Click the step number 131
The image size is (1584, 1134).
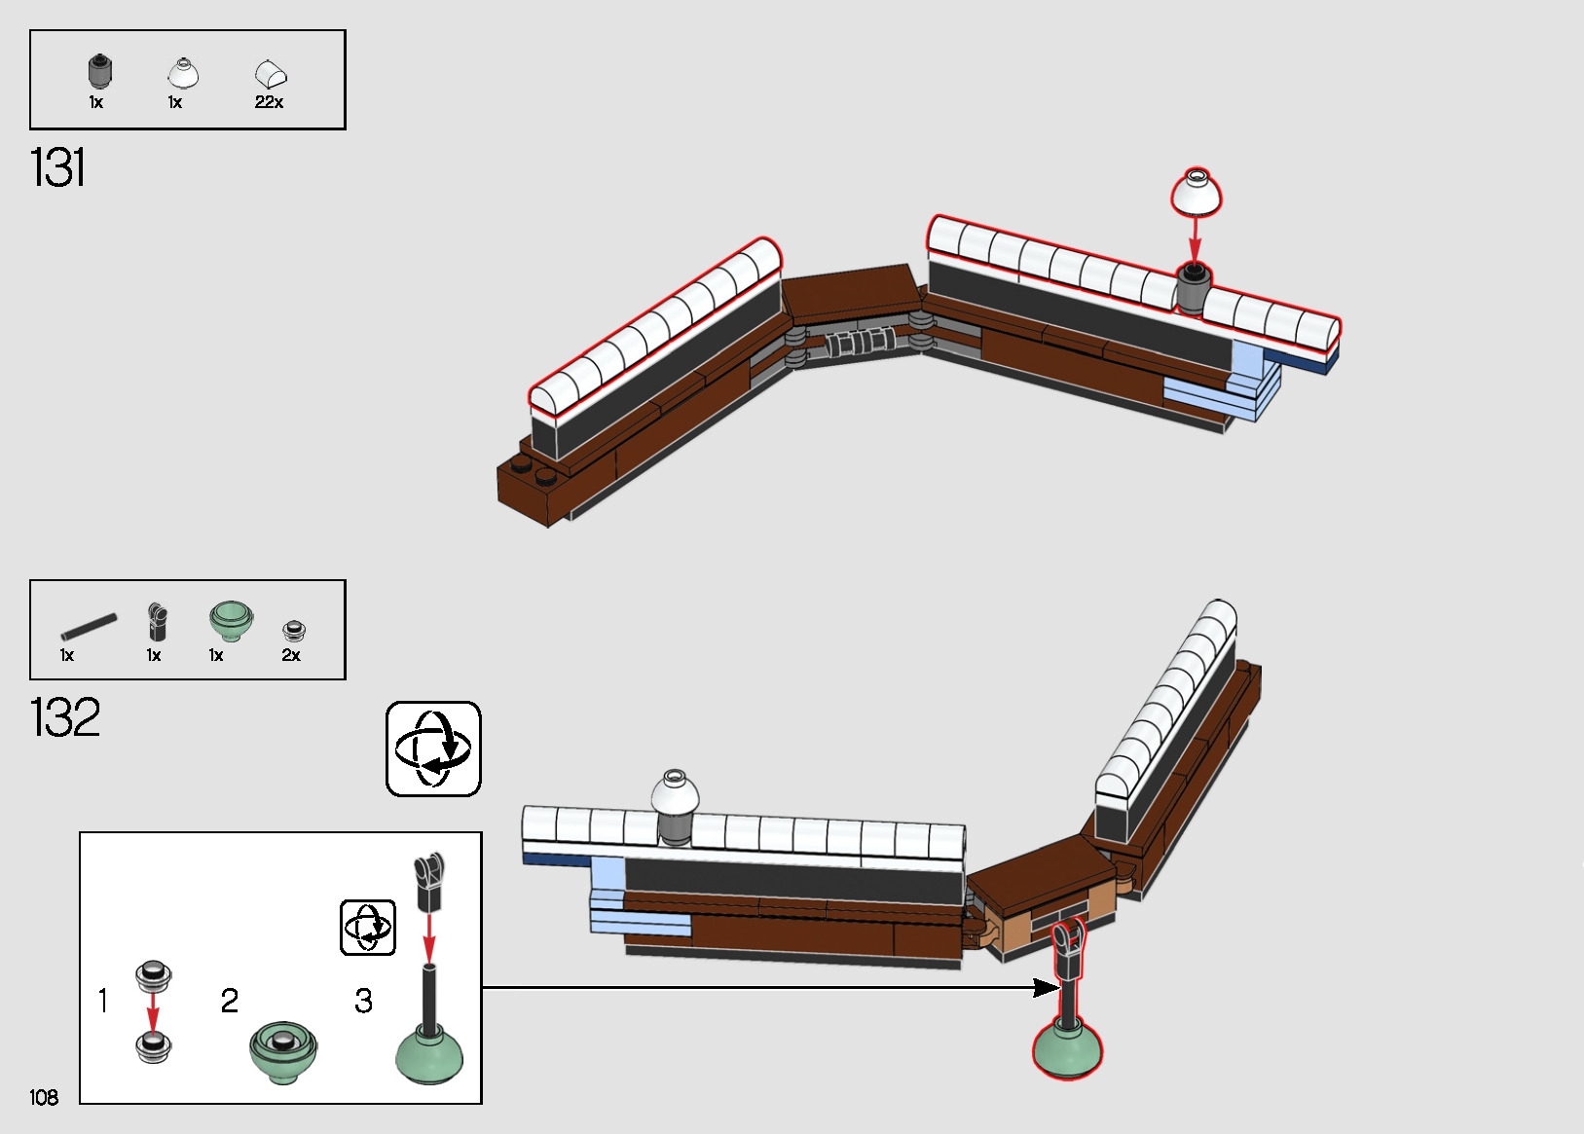(x=58, y=167)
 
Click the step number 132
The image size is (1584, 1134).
(x=65, y=717)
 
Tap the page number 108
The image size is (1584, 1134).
(x=44, y=1097)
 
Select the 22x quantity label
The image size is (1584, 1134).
(x=269, y=102)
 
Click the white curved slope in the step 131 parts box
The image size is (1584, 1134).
(x=271, y=74)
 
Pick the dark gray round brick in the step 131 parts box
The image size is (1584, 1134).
(x=99, y=71)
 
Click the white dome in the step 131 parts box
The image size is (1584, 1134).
(x=183, y=73)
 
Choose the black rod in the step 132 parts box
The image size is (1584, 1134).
(x=89, y=626)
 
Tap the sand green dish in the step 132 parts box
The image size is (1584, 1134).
(x=231, y=619)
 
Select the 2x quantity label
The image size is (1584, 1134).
(x=291, y=655)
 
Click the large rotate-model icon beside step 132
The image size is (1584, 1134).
(x=433, y=749)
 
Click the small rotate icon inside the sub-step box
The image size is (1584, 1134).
(x=368, y=927)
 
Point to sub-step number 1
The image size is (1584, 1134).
(x=103, y=1001)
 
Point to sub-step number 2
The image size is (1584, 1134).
(x=230, y=1001)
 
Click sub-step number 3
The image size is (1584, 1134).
(x=363, y=1001)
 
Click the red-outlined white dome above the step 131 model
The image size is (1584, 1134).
(x=1196, y=192)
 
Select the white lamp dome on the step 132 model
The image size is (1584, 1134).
(x=675, y=793)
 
